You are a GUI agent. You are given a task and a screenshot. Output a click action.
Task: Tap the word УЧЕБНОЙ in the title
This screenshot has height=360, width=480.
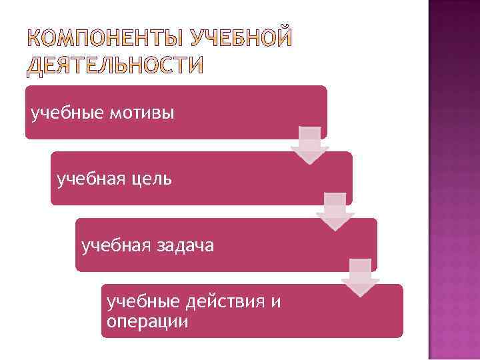tap(241, 39)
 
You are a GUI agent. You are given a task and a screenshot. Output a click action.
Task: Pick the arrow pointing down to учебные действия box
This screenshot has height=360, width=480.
tap(360, 278)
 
